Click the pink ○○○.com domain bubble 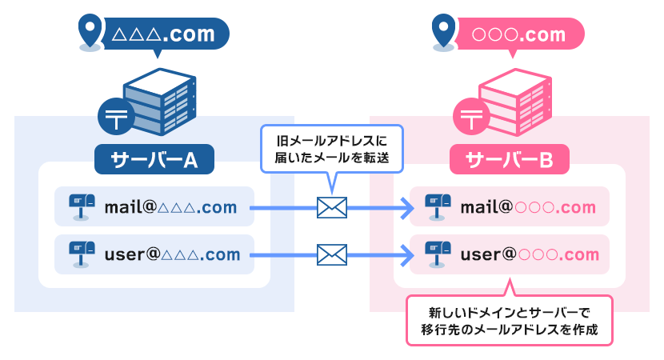[x=519, y=34]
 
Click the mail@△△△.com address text [x=170, y=208]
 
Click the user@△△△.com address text [x=172, y=255]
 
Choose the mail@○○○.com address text [x=528, y=208]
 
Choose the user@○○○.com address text [x=530, y=255]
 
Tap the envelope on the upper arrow [x=332, y=208]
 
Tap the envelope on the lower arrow [x=332, y=255]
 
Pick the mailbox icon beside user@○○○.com [x=438, y=254]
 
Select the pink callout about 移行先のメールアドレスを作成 [x=510, y=320]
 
